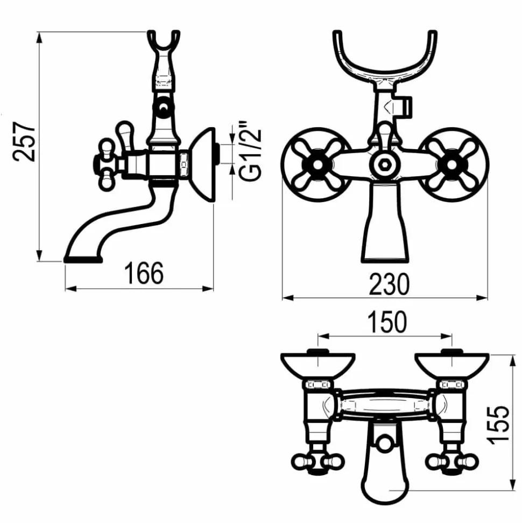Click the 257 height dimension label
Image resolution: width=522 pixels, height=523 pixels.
click(x=24, y=142)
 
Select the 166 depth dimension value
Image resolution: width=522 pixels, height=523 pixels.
click(x=144, y=273)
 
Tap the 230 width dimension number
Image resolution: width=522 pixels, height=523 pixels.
click(x=389, y=284)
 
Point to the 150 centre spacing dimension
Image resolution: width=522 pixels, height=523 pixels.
click(x=387, y=322)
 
